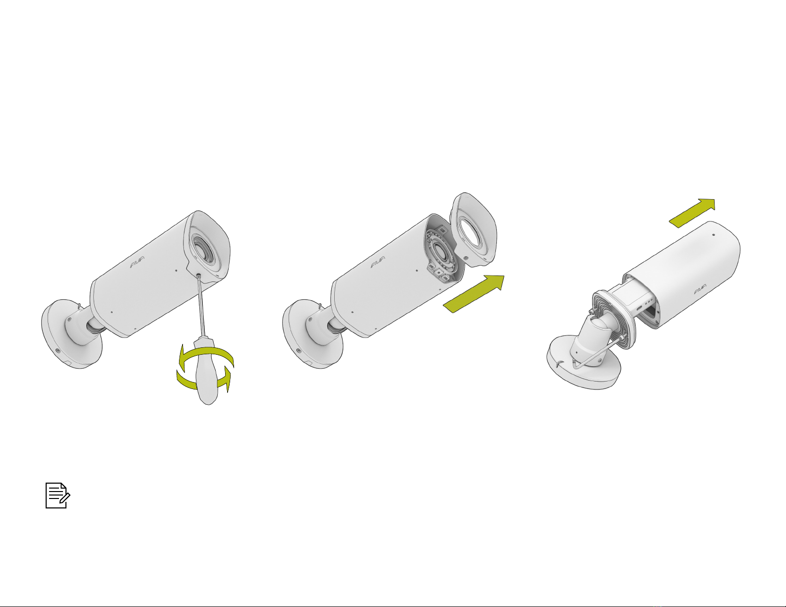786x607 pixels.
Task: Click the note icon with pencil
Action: [58, 496]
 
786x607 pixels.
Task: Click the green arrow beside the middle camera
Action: [474, 294]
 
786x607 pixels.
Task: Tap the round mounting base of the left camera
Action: [71, 334]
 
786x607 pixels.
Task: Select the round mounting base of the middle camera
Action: [312, 334]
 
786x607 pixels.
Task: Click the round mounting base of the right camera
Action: [584, 363]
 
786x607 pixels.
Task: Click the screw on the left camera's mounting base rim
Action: [58, 351]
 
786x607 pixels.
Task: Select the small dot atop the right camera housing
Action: [714, 235]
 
